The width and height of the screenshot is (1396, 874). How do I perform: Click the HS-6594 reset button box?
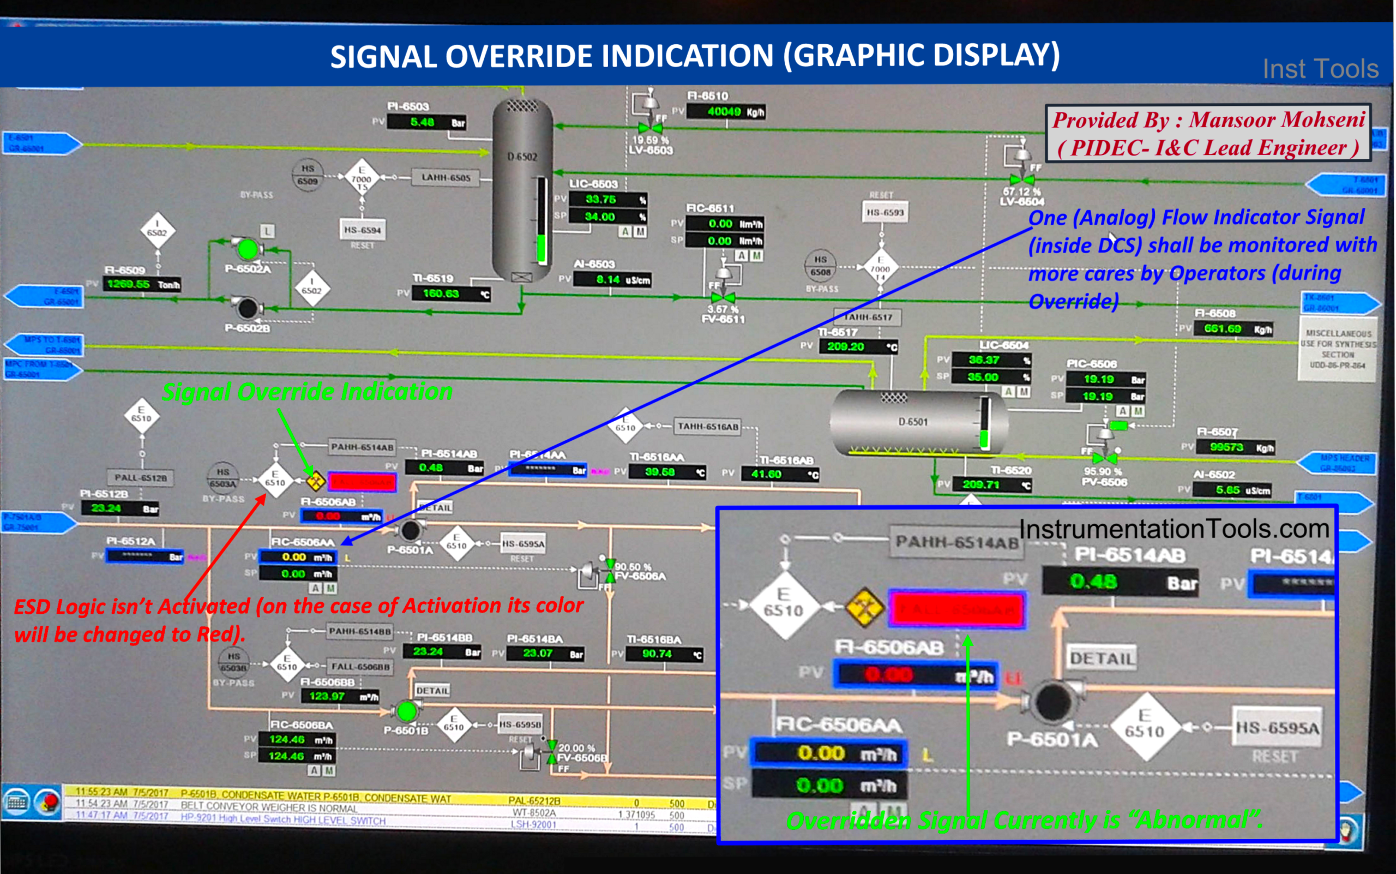(362, 230)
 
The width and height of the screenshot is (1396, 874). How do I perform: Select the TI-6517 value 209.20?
(846, 347)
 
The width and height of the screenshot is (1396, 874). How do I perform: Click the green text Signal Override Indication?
(308, 392)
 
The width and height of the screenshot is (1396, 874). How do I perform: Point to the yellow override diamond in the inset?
(864, 608)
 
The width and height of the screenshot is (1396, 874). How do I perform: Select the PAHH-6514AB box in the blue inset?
(956, 542)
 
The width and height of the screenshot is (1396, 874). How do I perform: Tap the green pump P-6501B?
(407, 711)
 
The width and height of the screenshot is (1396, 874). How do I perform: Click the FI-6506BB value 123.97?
(327, 696)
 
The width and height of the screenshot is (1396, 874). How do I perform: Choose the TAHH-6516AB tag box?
(708, 427)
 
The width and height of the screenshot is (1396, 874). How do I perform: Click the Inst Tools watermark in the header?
(1320, 69)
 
